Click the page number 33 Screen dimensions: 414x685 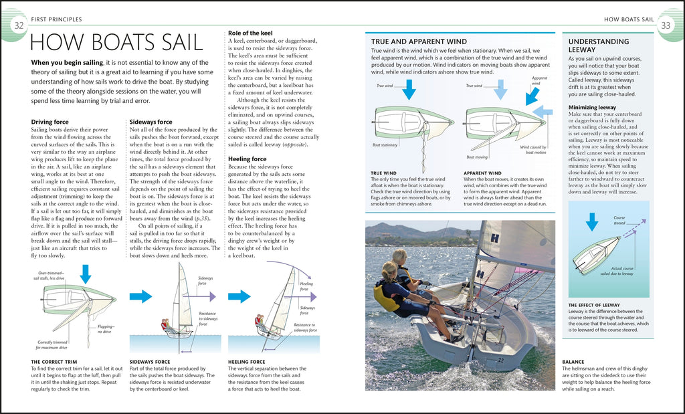click(x=666, y=25)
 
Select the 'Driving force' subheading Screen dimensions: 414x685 click(x=50, y=122)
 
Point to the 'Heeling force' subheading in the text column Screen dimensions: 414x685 click(x=248, y=159)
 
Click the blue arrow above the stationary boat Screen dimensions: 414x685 click(x=409, y=89)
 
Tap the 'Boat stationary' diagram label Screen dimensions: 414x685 click(x=385, y=145)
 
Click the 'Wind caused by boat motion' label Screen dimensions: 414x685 click(x=532, y=149)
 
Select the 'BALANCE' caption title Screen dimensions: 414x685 click(x=573, y=362)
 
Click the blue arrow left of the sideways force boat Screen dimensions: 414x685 click(x=140, y=296)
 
